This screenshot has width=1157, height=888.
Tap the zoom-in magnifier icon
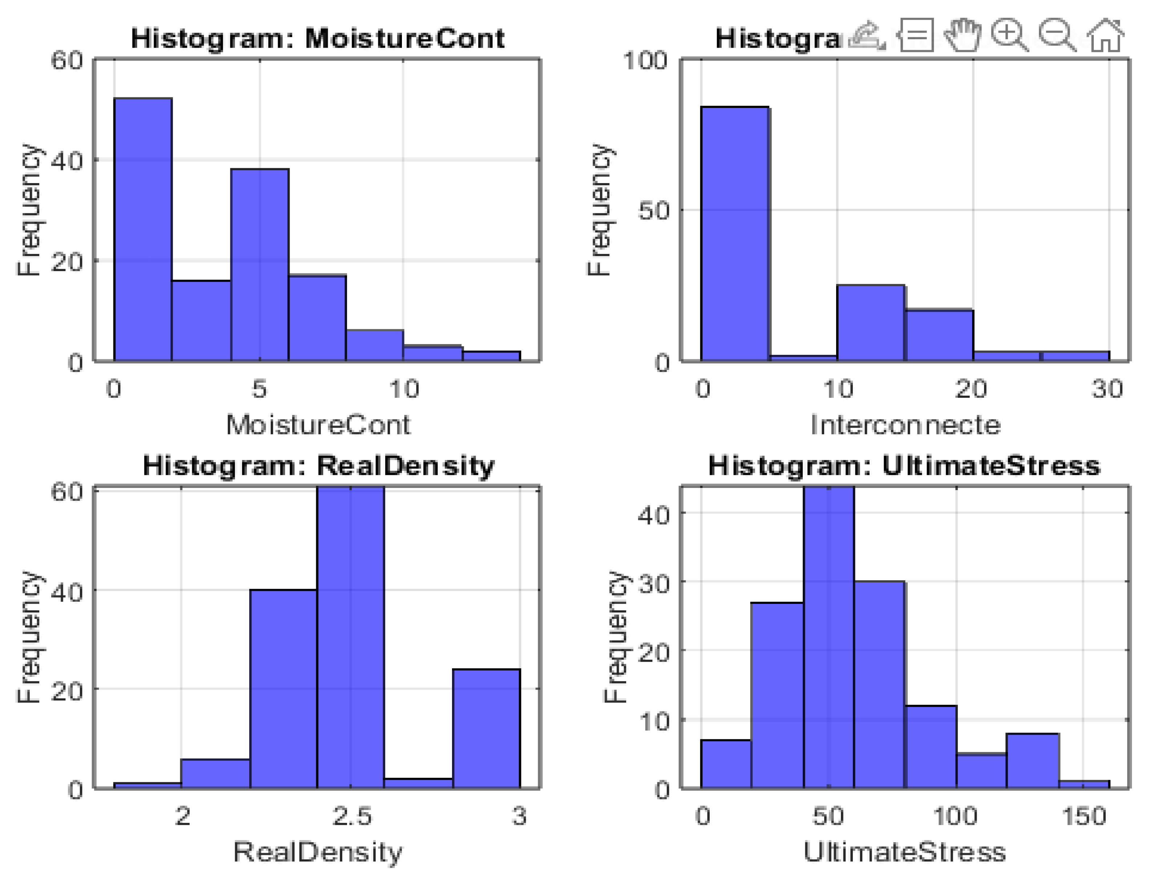click(x=1009, y=35)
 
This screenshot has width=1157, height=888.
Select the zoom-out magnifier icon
click(x=1057, y=35)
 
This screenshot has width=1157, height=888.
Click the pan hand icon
click(x=963, y=35)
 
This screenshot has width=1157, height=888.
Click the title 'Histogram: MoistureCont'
click(x=318, y=39)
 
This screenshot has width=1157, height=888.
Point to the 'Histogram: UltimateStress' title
click(x=904, y=466)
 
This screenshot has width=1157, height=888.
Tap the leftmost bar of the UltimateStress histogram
click(x=726, y=764)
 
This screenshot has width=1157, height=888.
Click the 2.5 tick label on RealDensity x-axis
click(x=351, y=816)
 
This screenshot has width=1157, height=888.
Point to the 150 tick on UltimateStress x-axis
click(x=1084, y=816)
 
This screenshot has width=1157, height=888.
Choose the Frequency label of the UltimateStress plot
click(x=615, y=637)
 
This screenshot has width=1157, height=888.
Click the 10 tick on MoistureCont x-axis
click(x=404, y=389)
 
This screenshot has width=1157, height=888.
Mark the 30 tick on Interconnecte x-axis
click(x=1107, y=389)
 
